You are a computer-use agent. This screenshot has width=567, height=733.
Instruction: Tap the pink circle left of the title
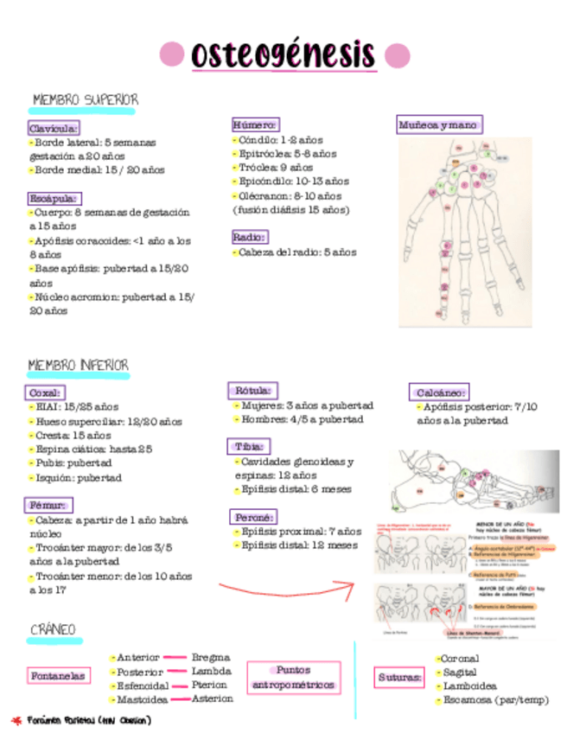click(x=173, y=54)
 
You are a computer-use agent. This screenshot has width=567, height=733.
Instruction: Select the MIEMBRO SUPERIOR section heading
click(x=84, y=100)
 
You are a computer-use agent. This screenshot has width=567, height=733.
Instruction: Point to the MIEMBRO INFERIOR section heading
click(x=79, y=366)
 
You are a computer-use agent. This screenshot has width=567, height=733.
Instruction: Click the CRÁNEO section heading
click(x=54, y=628)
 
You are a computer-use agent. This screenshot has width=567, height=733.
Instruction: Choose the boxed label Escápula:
click(x=53, y=198)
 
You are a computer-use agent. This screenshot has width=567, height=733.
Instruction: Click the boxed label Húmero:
click(x=255, y=124)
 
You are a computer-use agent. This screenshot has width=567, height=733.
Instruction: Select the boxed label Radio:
click(x=250, y=237)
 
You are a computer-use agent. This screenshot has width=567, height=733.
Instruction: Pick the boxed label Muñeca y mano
click(x=438, y=125)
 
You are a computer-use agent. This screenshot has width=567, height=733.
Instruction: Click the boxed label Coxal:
click(x=44, y=392)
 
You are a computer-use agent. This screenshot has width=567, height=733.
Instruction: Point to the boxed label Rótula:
click(x=252, y=390)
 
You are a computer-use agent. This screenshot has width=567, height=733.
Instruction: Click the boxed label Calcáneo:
click(x=439, y=392)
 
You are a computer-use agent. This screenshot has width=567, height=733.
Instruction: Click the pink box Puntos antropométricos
click(x=293, y=678)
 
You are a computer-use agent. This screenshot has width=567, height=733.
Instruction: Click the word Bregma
click(x=211, y=657)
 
